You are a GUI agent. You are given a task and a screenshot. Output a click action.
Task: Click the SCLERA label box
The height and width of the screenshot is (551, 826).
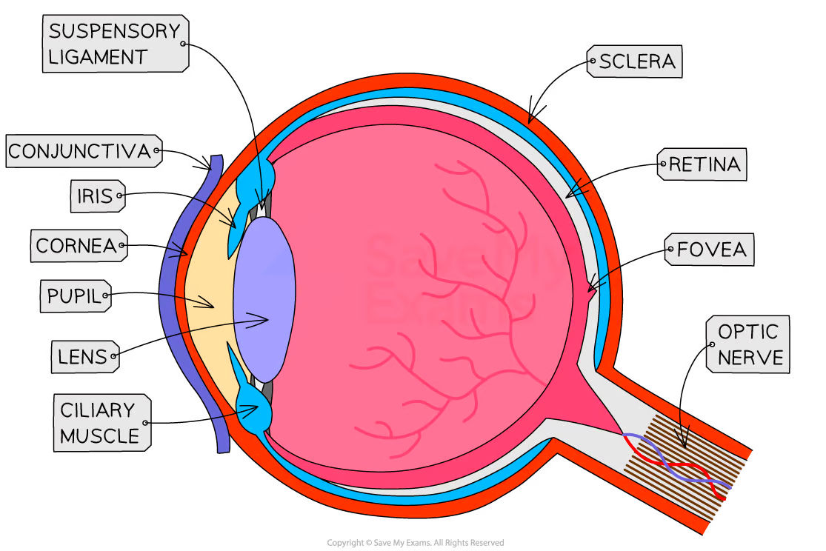click(635, 61)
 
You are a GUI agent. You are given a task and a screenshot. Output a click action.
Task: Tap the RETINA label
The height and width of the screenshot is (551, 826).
click(702, 164)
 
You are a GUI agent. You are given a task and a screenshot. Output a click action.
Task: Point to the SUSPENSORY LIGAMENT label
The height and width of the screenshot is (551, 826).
click(114, 44)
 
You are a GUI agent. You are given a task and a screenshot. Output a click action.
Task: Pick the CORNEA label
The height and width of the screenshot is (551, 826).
click(78, 245)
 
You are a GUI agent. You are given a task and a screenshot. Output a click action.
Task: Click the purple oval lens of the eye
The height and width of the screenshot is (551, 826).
click(265, 300)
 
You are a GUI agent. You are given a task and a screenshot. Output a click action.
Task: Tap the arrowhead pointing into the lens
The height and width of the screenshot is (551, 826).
click(265, 320)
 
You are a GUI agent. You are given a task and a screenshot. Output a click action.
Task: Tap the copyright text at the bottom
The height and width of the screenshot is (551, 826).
click(415, 543)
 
